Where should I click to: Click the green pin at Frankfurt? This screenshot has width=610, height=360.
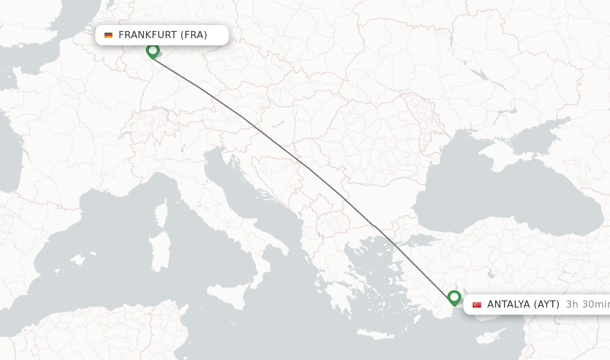[152, 51]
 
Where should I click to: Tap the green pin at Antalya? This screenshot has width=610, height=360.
[455, 297]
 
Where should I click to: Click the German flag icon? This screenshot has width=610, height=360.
[108, 35]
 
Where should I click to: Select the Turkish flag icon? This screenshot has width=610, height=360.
[477, 305]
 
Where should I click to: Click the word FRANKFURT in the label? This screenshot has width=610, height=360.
[148, 35]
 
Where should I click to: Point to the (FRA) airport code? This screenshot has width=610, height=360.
[194, 35]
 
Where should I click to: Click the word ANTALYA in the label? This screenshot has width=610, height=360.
[508, 305]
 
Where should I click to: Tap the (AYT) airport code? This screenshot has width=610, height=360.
[546, 305]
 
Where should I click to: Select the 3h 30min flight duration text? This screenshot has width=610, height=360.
[587, 305]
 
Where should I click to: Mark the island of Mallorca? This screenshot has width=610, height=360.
[76, 260]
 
